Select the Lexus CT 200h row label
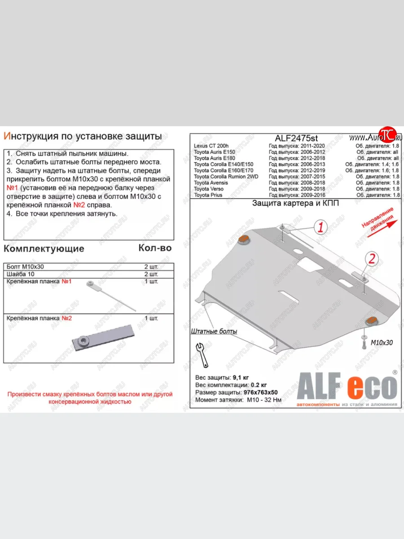211,146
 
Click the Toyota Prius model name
208,195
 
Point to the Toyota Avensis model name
211,183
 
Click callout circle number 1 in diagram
321,227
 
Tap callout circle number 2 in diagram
372,258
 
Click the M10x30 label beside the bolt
381,342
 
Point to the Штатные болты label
214,331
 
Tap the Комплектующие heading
44,248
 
